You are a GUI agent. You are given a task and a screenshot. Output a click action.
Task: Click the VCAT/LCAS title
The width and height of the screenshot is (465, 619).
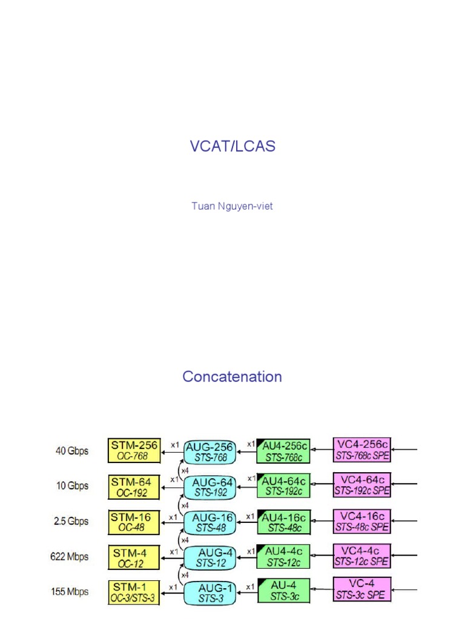(232, 146)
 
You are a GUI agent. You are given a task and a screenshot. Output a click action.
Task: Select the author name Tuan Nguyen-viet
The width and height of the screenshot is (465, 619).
(232, 206)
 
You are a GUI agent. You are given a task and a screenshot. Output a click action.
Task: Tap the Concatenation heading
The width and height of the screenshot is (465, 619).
(232, 377)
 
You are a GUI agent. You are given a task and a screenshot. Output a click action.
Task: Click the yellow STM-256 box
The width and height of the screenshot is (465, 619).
(134, 450)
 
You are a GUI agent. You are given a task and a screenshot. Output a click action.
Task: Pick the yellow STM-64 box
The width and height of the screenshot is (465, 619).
(134, 487)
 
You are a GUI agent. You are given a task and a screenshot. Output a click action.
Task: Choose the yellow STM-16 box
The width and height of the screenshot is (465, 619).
(134, 522)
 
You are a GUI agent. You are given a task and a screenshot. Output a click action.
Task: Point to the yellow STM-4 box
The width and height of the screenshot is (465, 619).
(134, 557)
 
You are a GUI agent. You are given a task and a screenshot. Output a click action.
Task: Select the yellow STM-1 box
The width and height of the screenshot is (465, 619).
(134, 592)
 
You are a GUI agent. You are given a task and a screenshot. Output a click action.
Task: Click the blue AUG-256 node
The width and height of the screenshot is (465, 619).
(209, 452)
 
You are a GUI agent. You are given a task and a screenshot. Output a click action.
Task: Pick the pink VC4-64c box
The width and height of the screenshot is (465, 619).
(362, 485)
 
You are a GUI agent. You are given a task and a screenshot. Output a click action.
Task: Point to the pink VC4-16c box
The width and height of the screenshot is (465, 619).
(362, 520)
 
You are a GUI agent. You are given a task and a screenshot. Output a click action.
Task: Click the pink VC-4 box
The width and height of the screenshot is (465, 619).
(362, 590)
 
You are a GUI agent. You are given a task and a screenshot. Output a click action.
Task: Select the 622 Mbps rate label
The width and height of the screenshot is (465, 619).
(68, 557)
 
